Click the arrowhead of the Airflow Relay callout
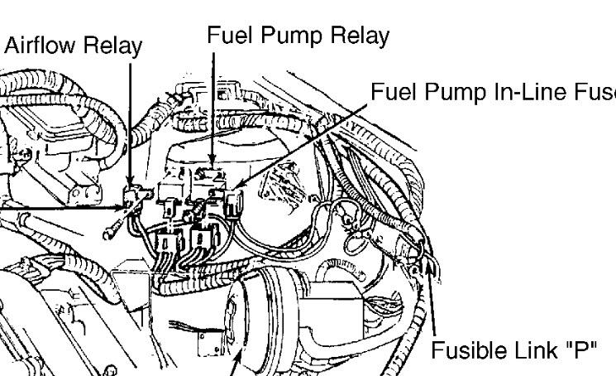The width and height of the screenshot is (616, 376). (x=130, y=184)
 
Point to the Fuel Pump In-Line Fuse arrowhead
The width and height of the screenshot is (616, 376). (x=236, y=190)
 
